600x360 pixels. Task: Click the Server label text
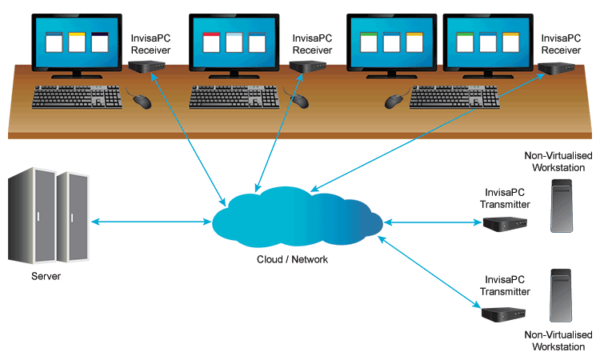click(46, 277)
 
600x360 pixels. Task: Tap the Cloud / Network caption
click(292, 259)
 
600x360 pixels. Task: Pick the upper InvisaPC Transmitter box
click(503, 224)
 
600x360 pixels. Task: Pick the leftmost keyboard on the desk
click(78, 97)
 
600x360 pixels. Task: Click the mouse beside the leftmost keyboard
click(142, 101)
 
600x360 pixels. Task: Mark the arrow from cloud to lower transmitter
click(433, 270)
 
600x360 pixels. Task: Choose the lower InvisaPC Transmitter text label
click(505, 286)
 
